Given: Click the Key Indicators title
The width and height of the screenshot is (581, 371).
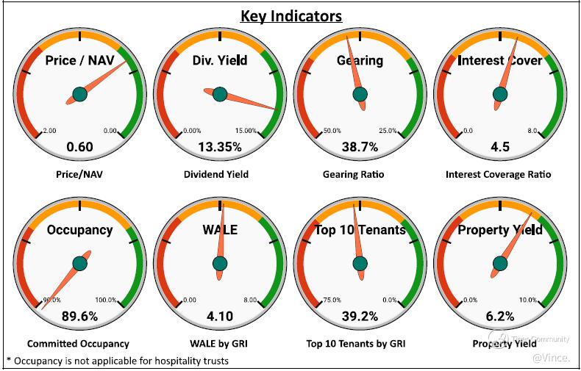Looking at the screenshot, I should coord(291,15).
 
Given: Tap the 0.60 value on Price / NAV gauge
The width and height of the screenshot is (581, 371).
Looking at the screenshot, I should coord(79,147).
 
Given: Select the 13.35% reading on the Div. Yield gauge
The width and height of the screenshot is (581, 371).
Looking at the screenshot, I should coord(220,147).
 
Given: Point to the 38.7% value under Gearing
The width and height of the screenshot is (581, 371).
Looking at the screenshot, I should coord(360,147).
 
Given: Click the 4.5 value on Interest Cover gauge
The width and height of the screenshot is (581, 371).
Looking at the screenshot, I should coord(500,147).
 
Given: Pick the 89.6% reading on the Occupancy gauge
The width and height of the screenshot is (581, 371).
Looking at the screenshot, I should coord(79,317).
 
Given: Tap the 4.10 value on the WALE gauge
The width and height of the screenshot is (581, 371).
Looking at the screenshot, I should coord(220,317).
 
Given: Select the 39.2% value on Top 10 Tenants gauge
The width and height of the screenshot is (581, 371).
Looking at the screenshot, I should coord(360,317).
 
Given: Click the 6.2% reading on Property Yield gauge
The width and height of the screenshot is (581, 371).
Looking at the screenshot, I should coord(500,317).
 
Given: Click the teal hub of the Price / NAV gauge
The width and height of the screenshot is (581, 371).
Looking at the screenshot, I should coord(79,94).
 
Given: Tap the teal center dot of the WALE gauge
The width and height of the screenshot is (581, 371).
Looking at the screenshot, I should coord(220,263).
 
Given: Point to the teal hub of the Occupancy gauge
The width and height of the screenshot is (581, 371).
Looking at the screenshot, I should coord(79,263).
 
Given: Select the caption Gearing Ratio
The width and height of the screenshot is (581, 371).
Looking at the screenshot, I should coord(353,174).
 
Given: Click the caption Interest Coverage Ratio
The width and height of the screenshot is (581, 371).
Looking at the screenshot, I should coord(498,174).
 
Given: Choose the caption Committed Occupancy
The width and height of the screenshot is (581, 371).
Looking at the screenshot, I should coord(78,343).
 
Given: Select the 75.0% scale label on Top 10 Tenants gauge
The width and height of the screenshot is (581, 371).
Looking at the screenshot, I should coord(332,300).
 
